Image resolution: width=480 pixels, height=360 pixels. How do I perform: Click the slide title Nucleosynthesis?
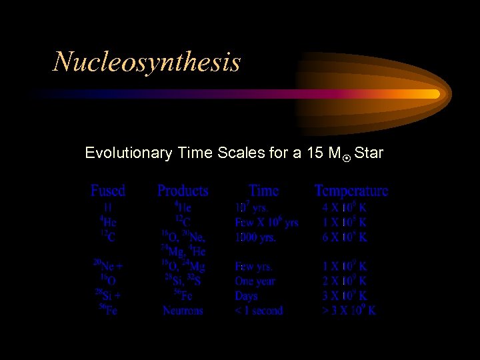tap(147, 62)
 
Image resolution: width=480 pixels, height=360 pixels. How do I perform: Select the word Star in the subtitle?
tap(369, 153)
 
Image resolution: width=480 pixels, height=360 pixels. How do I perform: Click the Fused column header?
tap(108, 191)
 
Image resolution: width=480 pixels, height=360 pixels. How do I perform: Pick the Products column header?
tap(183, 191)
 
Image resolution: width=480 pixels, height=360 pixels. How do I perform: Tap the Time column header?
tap(263, 191)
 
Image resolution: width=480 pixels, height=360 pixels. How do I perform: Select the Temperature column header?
tap(351, 191)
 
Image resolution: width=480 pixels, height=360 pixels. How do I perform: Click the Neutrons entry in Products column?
tap(183, 311)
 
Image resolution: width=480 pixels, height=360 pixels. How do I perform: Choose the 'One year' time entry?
tap(256, 281)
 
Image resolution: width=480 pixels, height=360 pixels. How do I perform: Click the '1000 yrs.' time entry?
tap(255, 237)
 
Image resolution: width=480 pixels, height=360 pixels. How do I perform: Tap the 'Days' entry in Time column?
tap(246, 296)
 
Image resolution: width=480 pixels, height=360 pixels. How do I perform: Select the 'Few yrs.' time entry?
tap(254, 267)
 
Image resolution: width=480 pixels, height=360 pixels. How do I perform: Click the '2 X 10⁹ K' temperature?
tap(345, 281)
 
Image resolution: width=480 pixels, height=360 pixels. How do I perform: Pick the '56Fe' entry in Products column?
tap(183, 296)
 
